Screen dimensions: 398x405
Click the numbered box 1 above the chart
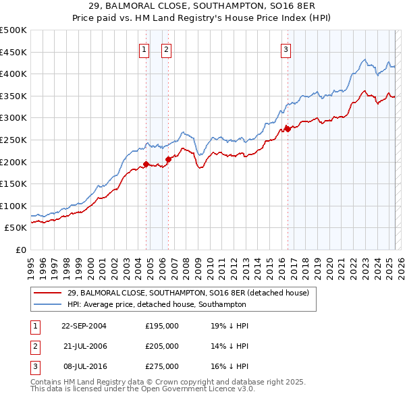pyautogui.click(x=144, y=49)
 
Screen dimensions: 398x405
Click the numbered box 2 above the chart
pyautogui.click(x=166, y=49)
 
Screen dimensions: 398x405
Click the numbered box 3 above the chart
pyautogui.click(x=286, y=49)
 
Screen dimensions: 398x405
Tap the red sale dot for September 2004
pyautogui.click(x=146, y=164)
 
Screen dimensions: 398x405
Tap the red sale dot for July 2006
pyautogui.click(x=168, y=159)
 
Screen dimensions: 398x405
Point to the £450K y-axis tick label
pyautogui.click(x=13, y=52)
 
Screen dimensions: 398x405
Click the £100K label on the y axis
pyautogui.click(x=13, y=206)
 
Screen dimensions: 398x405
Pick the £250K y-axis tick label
pyautogui.click(x=13, y=140)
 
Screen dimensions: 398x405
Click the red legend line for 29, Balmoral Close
pyautogui.click(x=48, y=293)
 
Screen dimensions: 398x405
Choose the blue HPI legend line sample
pyautogui.click(x=48, y=304)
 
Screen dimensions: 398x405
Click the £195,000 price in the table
pyautogui.click(x=162, y=325)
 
